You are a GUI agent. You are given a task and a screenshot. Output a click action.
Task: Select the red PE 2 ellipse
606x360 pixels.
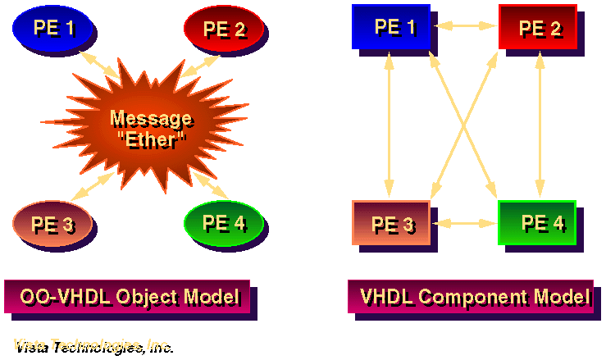tap(224, 29)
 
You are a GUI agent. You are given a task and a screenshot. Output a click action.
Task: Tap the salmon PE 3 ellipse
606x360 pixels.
tap(52, 223)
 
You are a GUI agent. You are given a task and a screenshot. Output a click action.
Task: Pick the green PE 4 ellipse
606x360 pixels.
tap(222, 221)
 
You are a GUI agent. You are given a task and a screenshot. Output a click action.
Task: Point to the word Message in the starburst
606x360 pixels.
tap(151, 119)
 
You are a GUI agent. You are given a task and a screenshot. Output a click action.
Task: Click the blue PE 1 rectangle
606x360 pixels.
tap(391, 26)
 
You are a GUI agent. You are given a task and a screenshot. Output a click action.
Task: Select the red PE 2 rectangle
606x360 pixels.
tap(537, 27)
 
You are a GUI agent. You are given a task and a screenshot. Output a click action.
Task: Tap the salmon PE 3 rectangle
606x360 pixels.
tap(391, 222)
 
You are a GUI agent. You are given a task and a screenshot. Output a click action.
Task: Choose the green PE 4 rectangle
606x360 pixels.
tap(537, 221)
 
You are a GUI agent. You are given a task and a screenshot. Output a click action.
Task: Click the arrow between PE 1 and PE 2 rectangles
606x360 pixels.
tap(465, 26)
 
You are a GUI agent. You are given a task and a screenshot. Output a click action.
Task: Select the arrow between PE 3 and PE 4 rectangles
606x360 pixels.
tap(464, 222)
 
